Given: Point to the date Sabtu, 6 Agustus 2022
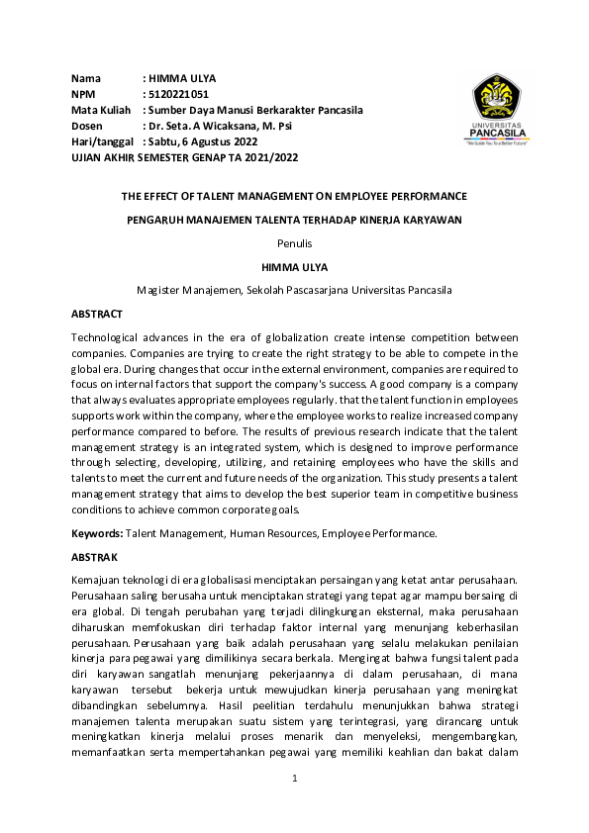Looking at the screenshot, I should (x=207, y=141).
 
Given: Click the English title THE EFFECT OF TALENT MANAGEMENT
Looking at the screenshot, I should (x=294, y=196).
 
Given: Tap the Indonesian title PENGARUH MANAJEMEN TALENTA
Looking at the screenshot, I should (x=294, y=219).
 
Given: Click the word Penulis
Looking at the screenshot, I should (x=294, y=242).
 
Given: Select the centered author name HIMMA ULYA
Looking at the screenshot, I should (x=294, y=266).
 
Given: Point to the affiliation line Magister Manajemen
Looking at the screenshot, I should (x=294, y=290).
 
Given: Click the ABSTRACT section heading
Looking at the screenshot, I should (x=97, y=314).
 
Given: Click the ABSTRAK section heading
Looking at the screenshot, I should (x=95, y=557).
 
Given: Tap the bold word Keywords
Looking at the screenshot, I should (x=97, y=533).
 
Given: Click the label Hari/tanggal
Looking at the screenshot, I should (x=102, y=141).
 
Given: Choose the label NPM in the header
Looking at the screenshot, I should (x=83, y=94).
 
